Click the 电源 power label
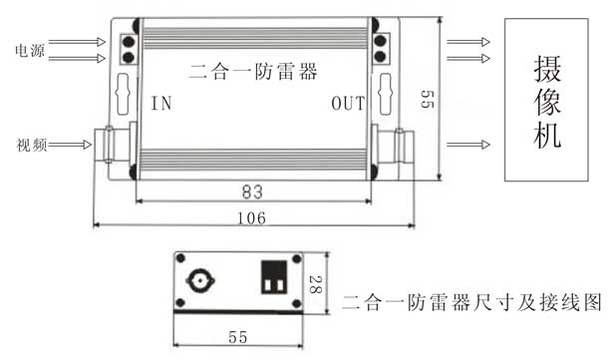click(30, 51)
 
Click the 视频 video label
click(32, 145)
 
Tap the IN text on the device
click(161, 104)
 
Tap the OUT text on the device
click(348, 104)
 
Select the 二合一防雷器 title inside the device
click(253, 72)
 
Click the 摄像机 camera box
click(546, 100)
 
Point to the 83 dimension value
click(252, 191)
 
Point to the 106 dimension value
click(251, 218)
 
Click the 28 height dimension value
click(316, 284)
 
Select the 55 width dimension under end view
click(237, 337)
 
